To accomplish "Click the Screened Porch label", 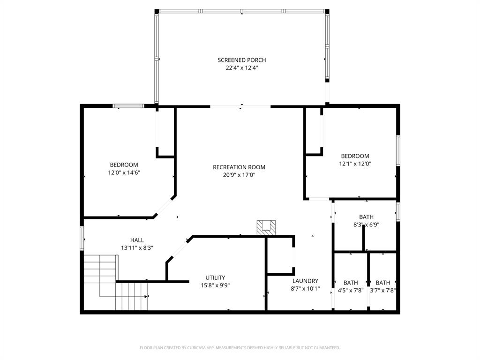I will (x=241, y=60).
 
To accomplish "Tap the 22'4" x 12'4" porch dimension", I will (x=241, y=68).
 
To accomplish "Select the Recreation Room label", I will (x=239, y=167).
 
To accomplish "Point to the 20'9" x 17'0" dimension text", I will (x=239, y=175).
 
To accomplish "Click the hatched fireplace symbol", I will (x=266, y=227).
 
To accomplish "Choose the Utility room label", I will (x=215, y=277).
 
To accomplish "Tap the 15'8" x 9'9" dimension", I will (x=215, y=285).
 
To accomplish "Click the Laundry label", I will (x=305, y=281).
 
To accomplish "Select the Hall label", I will (x=137, y=240).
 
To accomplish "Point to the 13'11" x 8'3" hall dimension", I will (x=137, y=247).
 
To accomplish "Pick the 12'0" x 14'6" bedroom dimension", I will (x=124, y=172).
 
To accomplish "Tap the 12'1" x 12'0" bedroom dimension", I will (x=355, y=164).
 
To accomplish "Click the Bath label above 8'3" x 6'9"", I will (x=366, y=217).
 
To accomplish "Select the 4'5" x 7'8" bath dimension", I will (x=351, y=290).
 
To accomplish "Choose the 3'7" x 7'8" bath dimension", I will (x=383, y=290).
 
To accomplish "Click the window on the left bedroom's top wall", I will (x=128, y=106).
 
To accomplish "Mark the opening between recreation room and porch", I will (x=240, y=106).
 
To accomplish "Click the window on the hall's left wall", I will (x=82, y=238).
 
